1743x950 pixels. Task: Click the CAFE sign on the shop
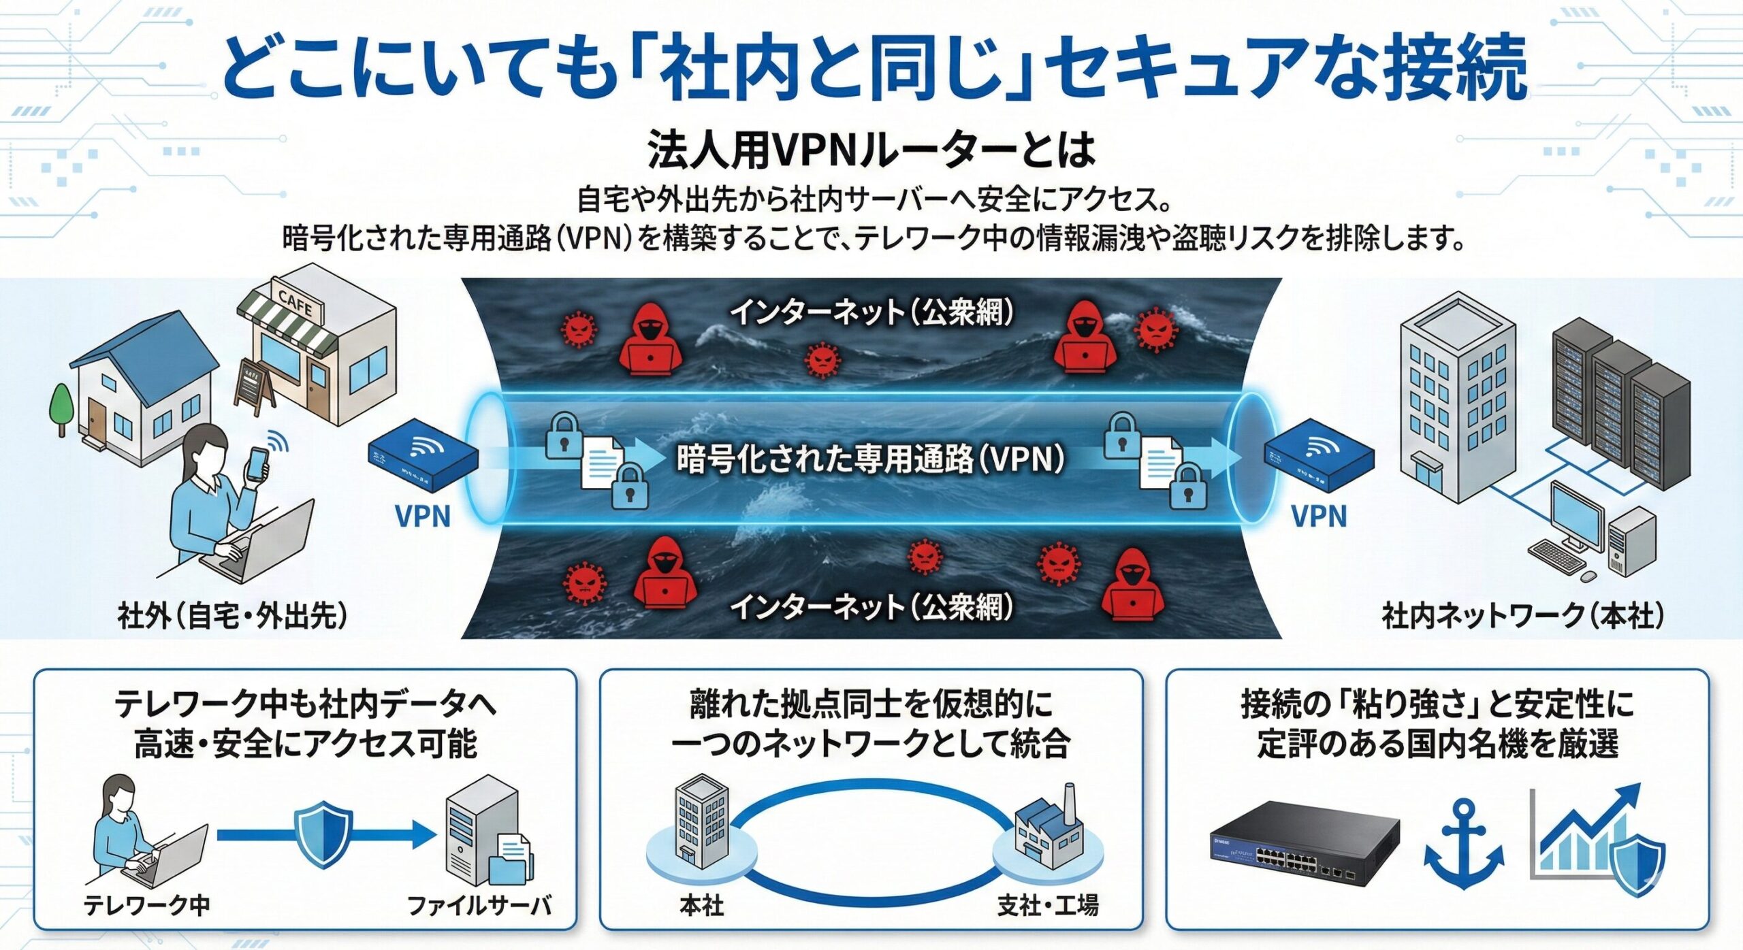point(295,302)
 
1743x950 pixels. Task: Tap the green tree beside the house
point(61,405)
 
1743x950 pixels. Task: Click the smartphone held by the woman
point(257,465)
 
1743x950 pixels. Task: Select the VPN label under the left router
point(423,517)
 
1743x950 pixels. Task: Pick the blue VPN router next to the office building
point(1319,454)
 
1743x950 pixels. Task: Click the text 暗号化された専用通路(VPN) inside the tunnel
point(870,460)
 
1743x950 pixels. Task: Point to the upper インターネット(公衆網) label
point(872,312)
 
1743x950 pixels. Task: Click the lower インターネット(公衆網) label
point(872,606)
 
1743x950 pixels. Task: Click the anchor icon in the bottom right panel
point(1463,844)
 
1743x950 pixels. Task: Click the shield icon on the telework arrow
point(323,834)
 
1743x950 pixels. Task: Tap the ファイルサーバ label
point(479,906)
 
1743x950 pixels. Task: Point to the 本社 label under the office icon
point(701,906)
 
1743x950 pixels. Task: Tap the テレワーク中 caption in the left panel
point(146,906)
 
